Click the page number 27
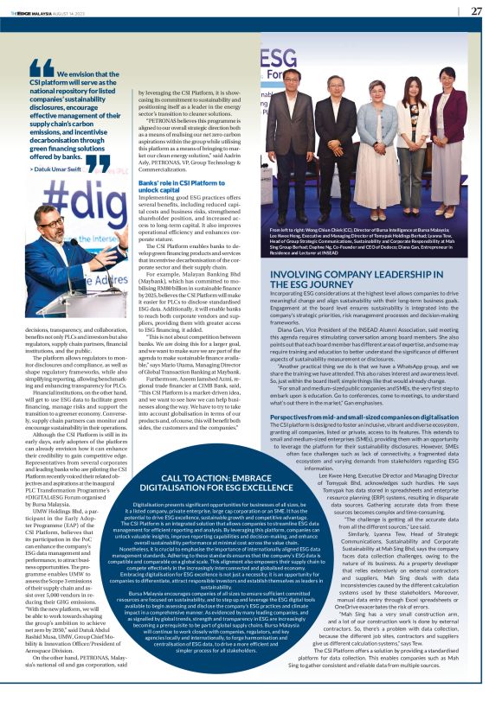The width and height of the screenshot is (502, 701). [476, 11]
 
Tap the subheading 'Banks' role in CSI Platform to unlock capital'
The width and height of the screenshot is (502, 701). [180, 185]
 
